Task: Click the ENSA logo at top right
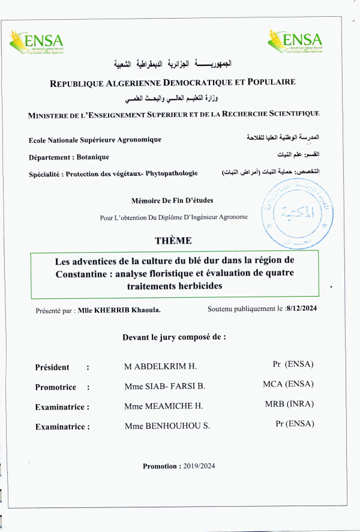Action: click(x=295, y=42)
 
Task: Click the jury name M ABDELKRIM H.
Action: click(x=160, y=366)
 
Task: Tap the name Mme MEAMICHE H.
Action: click(x=163, y=407)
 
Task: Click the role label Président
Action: click(x=52, y=367)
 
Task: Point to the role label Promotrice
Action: click(x=56, y=387)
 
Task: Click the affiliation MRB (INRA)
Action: click(x=289, y=404)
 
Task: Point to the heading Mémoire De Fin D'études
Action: click(x=172, y=201)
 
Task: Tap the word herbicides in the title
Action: click(x=195, y=286)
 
